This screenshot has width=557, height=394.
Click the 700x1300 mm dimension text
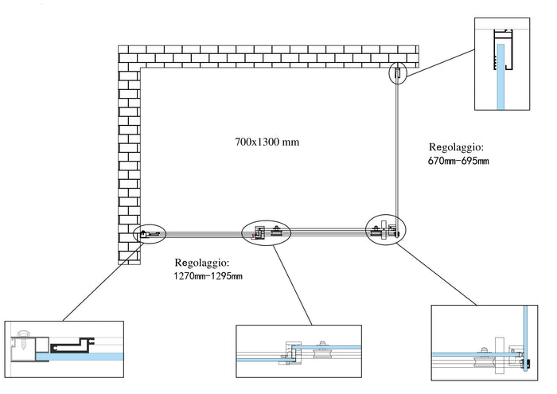tap(267, 142)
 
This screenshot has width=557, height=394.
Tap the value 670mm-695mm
tap(458, 162)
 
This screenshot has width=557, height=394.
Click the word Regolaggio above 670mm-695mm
tap(456, 147)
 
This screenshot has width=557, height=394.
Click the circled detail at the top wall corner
tap(397, 73)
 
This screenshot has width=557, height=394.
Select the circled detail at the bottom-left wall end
tap(150, 233)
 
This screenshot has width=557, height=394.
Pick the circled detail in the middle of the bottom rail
tap(267, 232)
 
